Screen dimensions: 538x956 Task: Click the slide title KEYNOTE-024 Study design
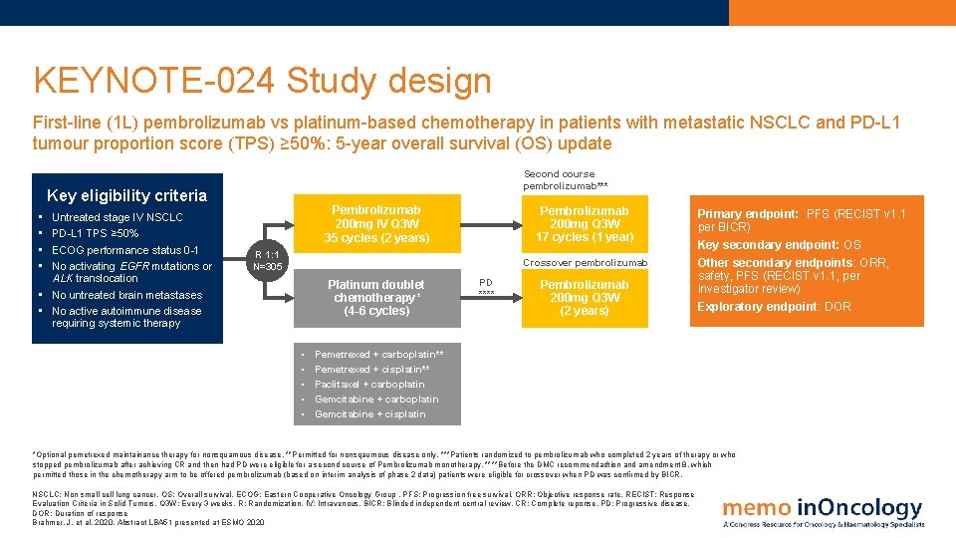[x=262, y=81]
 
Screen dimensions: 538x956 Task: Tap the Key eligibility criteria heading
[x=126, y=195]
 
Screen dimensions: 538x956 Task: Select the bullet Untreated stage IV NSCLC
[x=118, y=217]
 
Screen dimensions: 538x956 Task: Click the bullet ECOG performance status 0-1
[x=125, y=250]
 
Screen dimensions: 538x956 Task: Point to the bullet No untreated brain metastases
[x=126, y=295]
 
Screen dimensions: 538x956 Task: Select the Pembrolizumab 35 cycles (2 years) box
[x=376, y=224]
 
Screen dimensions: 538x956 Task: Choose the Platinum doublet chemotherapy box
[x=376, y=297]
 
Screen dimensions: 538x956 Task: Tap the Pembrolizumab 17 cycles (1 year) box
[x=584, y=224]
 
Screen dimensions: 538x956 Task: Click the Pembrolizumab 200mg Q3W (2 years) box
[x=584, y=297]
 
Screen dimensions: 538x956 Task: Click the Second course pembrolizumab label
[x=566, y=179]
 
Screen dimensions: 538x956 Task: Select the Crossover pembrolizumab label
[x=585, y=263]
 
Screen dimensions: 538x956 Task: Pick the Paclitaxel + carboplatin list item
[x=369, y=384]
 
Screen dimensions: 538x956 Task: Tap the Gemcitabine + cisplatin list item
[x=369, y=413]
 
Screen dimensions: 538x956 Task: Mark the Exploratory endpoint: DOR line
[x=774, y=306]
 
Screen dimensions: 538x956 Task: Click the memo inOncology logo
[x=823, y=511]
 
